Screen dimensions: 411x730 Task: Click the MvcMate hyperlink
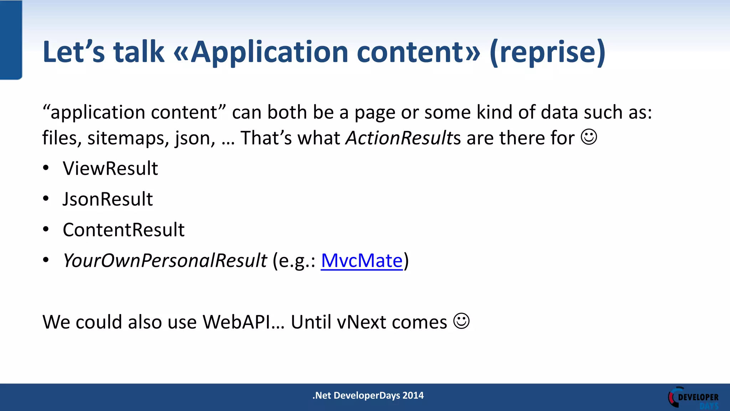tap(361, 260)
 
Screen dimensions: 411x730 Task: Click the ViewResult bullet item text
tap(110, 168)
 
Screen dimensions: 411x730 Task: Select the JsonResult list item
tap(108, 199)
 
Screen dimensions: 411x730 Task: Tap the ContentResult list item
tap(123, 230)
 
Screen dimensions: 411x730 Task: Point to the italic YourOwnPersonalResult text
tap(165, 260)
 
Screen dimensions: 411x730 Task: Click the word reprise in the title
tap(547, 52)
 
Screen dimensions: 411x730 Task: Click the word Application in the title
tap(269, 52)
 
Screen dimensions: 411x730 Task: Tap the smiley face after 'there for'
tap(589, 137)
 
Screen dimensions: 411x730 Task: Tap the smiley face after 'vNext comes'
tap(461, 321)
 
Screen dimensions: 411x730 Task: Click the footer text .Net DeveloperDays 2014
tap(368, 395)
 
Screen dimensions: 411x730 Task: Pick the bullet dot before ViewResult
tap(46, 168)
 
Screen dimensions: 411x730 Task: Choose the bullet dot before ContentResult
tap(46, 229)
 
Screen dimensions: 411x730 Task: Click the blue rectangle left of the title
tap(11, 40)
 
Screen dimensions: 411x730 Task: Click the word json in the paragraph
tap(195, 138)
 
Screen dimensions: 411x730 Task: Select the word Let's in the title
tap(73, 52)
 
